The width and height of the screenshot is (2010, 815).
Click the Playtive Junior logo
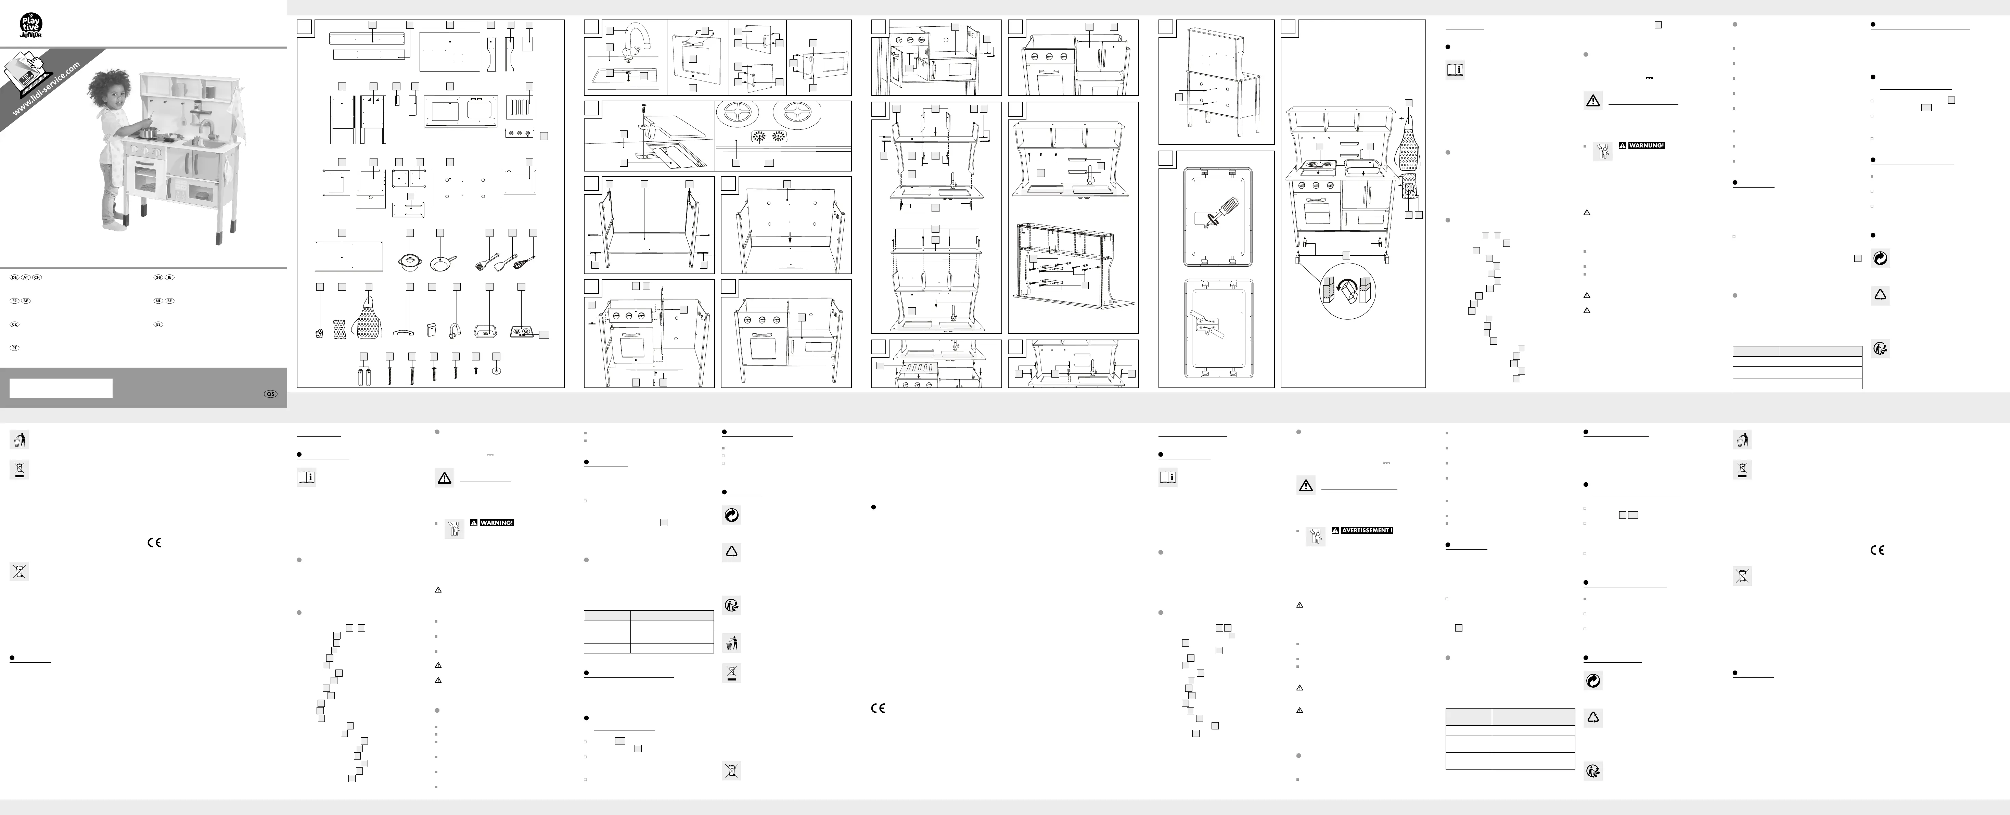tap(30, 26)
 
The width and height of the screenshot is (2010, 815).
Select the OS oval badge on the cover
tap(270, 394)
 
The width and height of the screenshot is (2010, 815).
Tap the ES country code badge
tap(158, 324)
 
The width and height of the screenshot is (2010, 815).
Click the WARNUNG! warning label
tap(1647, 145)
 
